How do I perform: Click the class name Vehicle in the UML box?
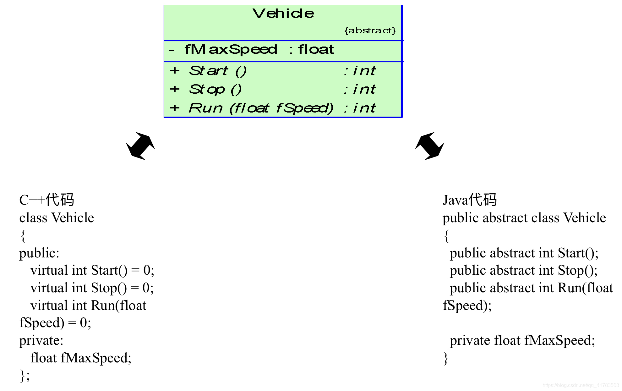[283, 14]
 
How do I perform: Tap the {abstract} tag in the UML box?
[370, 30]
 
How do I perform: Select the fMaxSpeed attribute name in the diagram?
[231, 50]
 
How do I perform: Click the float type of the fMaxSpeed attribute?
[316, 50]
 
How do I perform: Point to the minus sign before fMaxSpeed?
[172, 50]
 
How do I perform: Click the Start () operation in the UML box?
[218, 71]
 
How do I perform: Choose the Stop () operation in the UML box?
[215, 90]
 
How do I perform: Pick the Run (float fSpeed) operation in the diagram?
[261, 108]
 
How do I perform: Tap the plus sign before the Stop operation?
[175, 89]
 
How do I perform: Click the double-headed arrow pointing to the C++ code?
[140, 146]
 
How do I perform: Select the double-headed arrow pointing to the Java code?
[429, 146]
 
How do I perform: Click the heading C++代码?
[46, 200]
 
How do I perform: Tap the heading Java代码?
[470, 200]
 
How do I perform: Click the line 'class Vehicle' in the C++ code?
[57, 218]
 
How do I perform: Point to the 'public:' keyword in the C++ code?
[39, 253]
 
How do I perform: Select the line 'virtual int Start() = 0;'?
[92, 270]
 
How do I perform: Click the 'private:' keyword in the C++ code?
[41, 340]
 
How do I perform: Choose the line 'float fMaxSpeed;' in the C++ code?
[81, 358]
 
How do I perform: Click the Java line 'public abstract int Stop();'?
[524, 270]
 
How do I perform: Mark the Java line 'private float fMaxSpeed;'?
[522, 340]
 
